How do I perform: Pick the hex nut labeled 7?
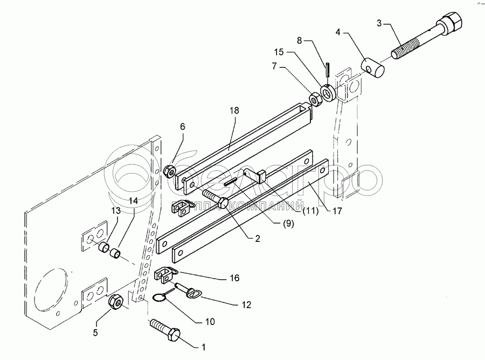click(313, 99)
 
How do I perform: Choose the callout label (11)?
click(310, 211)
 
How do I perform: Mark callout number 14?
click(133, 200)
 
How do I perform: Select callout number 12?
click(246, 305)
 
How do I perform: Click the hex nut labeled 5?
click(117, 303)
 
